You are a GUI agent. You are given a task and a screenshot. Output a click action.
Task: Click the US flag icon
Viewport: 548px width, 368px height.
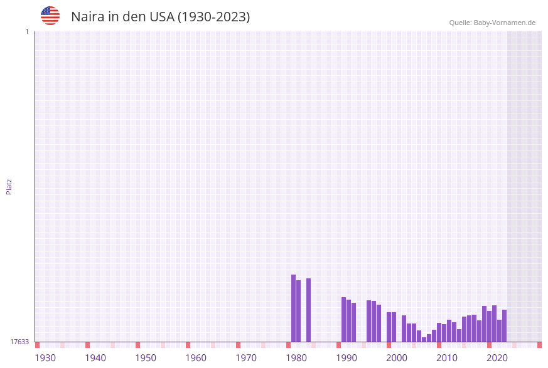click(x=50, y=16)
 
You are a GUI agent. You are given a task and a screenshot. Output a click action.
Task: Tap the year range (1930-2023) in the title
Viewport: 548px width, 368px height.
click(x=213, y=17)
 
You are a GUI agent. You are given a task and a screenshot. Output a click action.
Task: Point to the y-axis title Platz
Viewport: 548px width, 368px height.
click(x=9, y=187)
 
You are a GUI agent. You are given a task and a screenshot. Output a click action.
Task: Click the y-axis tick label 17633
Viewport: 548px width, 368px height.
click(x=19, y=342)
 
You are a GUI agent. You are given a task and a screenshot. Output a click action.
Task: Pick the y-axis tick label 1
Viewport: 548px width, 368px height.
click(x=26, y=31)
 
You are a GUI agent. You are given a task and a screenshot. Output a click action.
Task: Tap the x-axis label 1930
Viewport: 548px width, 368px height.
click(x=45, y=358)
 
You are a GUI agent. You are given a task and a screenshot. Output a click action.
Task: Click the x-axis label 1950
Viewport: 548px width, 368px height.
click(x=146, y=358)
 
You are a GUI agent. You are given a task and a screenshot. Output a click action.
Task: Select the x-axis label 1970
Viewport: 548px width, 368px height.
click(x=246, y=358)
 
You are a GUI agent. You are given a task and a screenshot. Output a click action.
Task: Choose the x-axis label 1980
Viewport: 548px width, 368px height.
click(x=296, y=358)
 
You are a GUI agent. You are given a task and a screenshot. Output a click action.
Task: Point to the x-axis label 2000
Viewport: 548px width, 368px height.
click(x=397, y=358)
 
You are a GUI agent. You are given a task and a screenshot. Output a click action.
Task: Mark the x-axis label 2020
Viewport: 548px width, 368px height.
click(x=497, y=358)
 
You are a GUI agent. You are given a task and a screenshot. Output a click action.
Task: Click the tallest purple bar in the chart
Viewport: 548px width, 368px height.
click(x=293, y=308)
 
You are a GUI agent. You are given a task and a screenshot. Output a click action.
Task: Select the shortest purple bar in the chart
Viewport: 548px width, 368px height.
click(x=424, y=339)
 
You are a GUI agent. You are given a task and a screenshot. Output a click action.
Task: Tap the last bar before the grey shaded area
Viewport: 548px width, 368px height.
click(x=504, y=325)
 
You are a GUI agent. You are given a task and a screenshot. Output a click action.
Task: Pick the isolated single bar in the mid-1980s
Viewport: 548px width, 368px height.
click(x=308, y=310)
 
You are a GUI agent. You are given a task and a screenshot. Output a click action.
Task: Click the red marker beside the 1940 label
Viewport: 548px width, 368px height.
click(x=87, y=345)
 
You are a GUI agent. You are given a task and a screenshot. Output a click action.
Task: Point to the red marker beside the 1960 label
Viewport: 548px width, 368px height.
click(x=188, y=345)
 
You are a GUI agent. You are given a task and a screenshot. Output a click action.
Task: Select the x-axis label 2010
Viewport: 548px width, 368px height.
click(x=447, y=358)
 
